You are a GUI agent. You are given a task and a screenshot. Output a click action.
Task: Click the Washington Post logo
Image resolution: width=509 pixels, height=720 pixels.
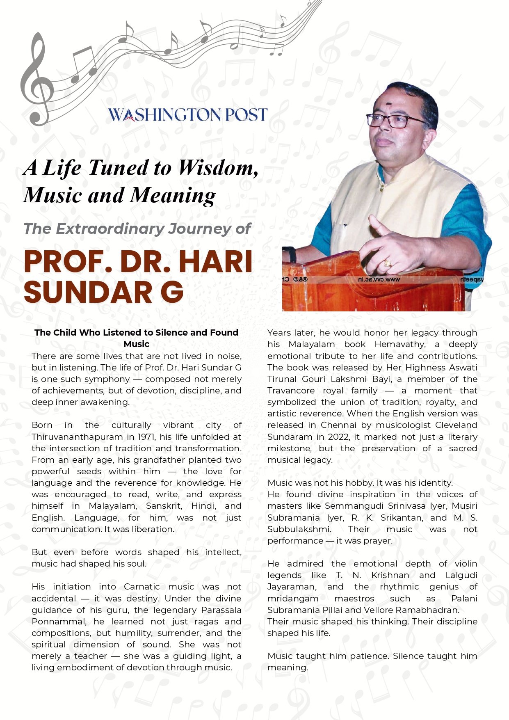click(188, 115)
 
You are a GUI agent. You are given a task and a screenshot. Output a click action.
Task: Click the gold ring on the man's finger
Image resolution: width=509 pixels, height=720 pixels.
click(387, 263)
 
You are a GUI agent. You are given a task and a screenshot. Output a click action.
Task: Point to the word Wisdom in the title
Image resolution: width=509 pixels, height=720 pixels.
click(218, 168)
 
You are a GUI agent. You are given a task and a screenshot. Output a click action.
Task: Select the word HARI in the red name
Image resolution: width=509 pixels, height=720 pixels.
click(215, 261)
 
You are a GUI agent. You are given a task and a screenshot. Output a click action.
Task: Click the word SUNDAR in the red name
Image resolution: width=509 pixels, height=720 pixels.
click(84, 292)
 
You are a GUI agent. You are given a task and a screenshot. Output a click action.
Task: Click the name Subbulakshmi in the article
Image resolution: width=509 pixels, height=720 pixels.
click(299, 529)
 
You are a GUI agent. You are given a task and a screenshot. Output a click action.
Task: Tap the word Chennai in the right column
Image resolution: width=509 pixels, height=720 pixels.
click(338, 425)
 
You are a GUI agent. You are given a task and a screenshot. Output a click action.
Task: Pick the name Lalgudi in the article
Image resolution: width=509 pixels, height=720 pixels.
click(461, 575)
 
